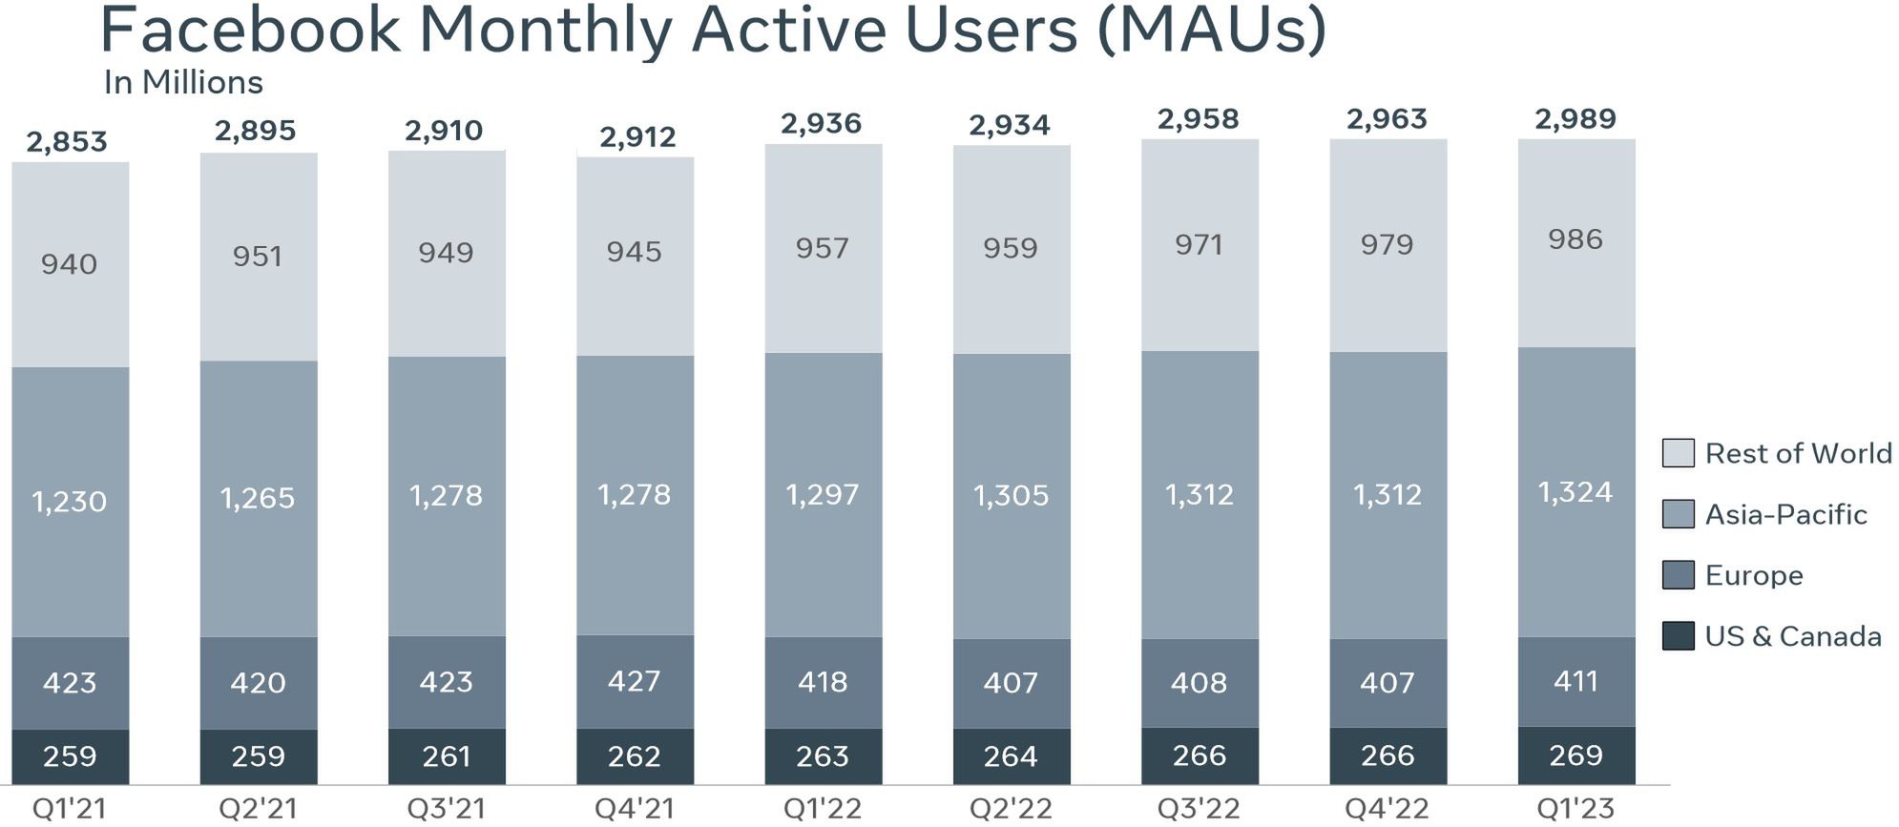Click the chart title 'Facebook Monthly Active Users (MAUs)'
(712, 31)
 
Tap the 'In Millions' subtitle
(183, 83)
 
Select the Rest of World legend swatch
(1678, 453)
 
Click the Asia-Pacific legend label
(1785, 515)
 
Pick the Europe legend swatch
(1678, 575)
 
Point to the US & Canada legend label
(1793, 636)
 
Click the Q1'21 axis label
(69, 809)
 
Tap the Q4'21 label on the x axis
(634, 809)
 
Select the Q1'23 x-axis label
(1576, 809)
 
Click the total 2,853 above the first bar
(67, 142)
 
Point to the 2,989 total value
(1576, 119)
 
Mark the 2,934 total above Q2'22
(1010, 125)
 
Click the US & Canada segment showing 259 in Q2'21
(258, 756)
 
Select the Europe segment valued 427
(635, 681)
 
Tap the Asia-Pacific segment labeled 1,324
(1576, 492)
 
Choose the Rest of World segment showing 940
(70, 264)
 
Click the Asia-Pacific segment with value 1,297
(823, 494)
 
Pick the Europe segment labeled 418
(823, 682)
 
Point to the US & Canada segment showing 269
(1576, 755)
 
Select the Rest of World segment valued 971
(1200, 245)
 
